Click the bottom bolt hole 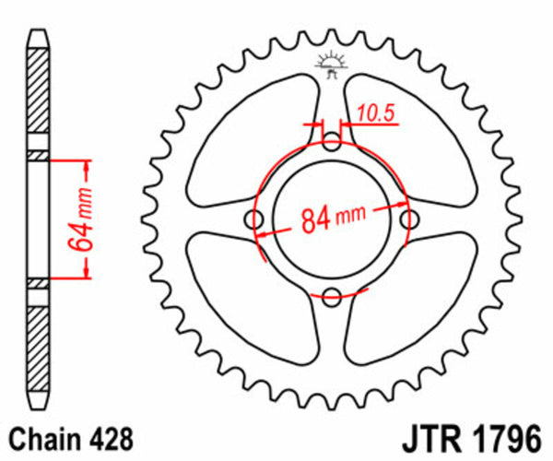333,296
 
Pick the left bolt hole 255,219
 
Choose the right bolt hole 410,219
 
